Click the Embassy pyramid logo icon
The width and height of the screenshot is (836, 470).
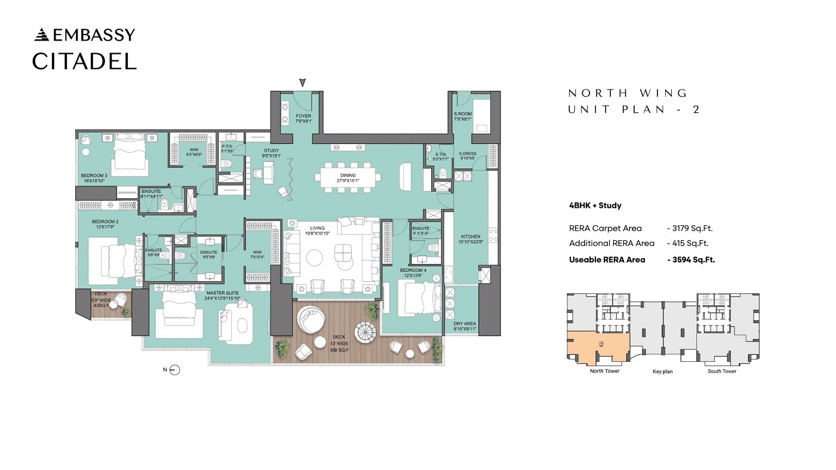42,35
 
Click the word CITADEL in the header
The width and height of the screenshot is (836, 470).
84,61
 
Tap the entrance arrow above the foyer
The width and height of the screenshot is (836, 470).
303,82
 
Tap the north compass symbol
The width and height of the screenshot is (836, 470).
174,370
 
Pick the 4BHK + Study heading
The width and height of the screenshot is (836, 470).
595,205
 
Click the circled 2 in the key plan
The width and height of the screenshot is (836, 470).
602,344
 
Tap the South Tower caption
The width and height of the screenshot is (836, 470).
721,371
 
